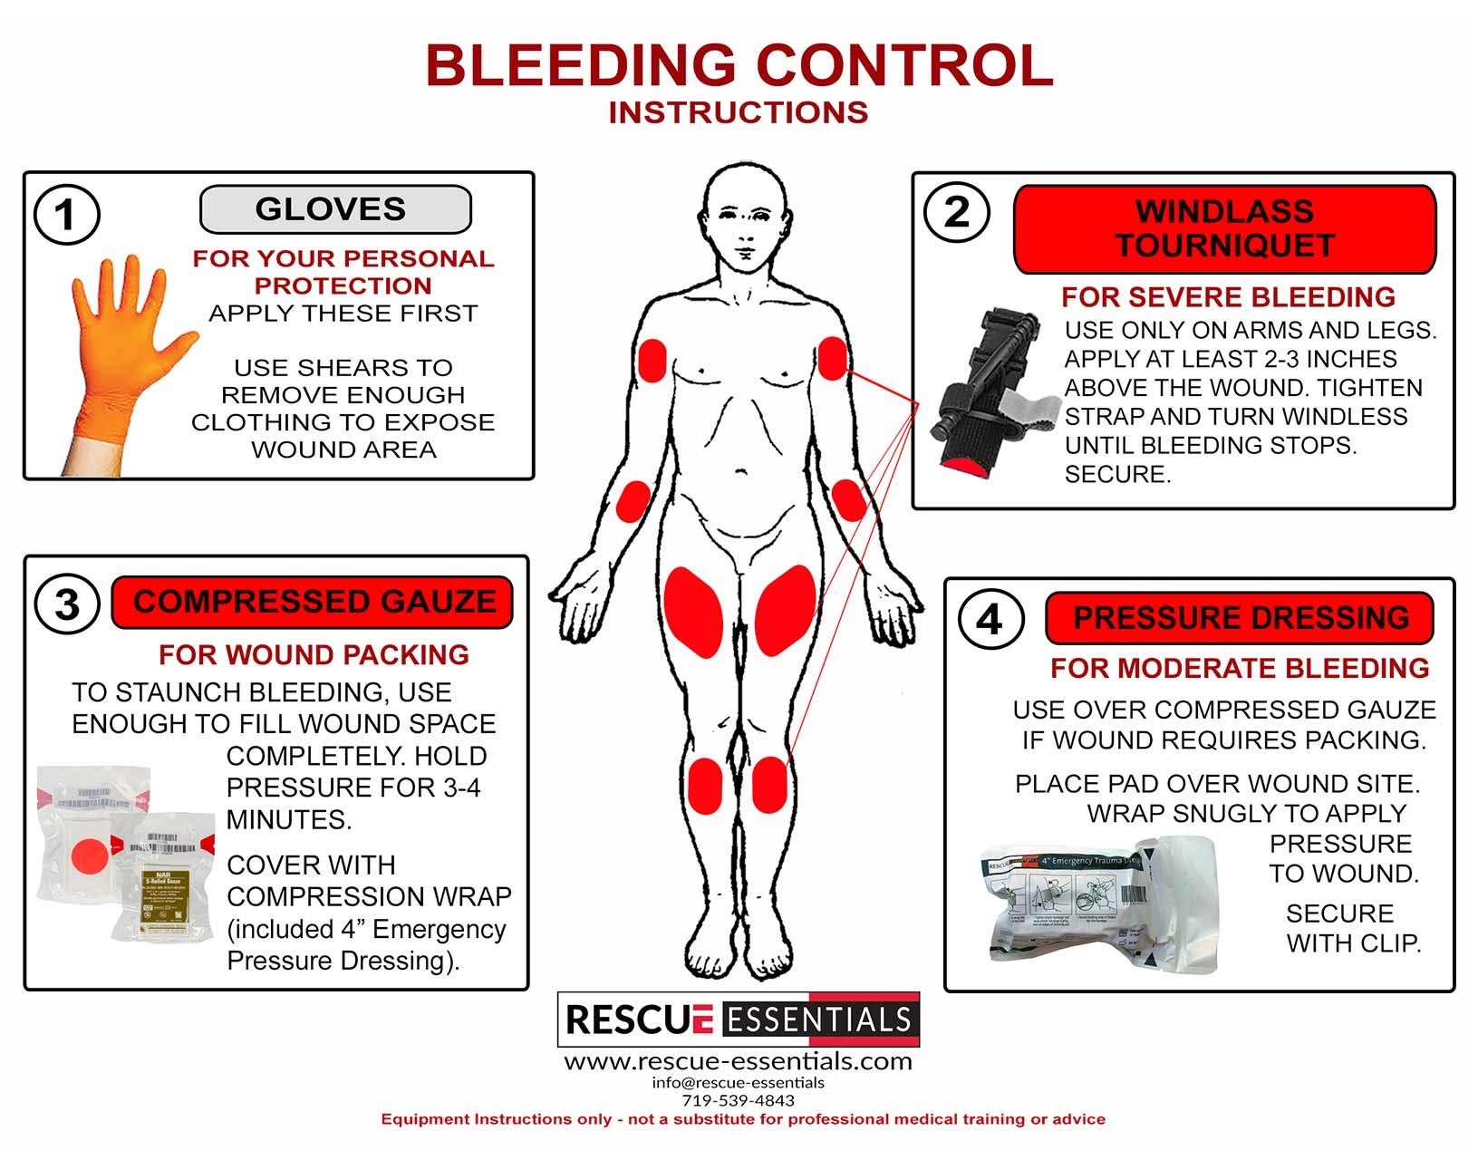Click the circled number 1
[x=65, y=215]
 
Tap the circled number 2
[x=956, y=213]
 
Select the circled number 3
[x=67, y=604]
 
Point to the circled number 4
[x=990, y=620]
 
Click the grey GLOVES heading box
[x=334, y=209]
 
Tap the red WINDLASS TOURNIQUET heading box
[x=1224, y=229]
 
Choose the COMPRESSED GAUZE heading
[x=313, y=603]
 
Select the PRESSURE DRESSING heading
[x=1240, y=618]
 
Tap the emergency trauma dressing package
[x=1101, y=902]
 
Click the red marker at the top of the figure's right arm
[x=652, y=360]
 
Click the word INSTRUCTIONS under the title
[x=739, y=112]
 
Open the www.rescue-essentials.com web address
[x=738, y=1061]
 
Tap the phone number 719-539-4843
[x=738, y=1100]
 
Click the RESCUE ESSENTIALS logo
[x=738, y=1020]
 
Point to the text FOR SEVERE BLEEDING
[x=1228, y=297]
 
